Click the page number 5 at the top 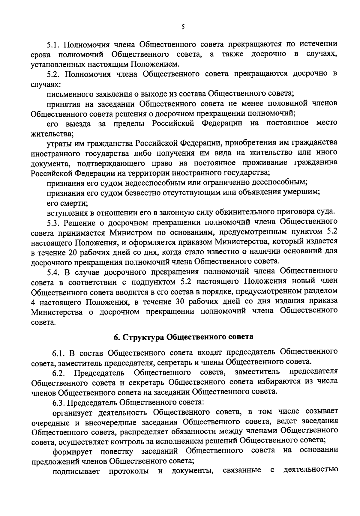click(x=183, y=27)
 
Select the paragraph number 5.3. click(x=54, y=223)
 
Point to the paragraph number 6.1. click(x=58, y=353)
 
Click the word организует click(x=73, y=412)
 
